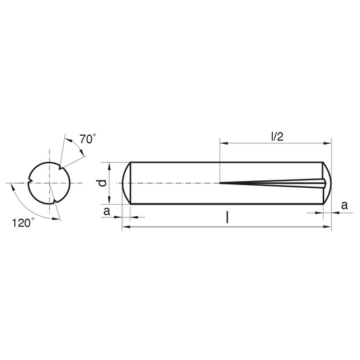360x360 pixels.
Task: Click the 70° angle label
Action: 88,139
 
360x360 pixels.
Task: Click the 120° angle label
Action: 23,223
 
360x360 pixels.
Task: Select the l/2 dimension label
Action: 278,137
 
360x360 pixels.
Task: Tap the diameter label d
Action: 101,183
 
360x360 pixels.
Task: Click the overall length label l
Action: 227,217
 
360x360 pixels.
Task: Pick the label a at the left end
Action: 107,211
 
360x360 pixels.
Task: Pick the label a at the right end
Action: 344,205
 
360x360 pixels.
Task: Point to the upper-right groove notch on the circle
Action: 60,168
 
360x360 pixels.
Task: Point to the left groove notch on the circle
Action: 30,180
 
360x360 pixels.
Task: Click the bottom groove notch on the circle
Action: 55,201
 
